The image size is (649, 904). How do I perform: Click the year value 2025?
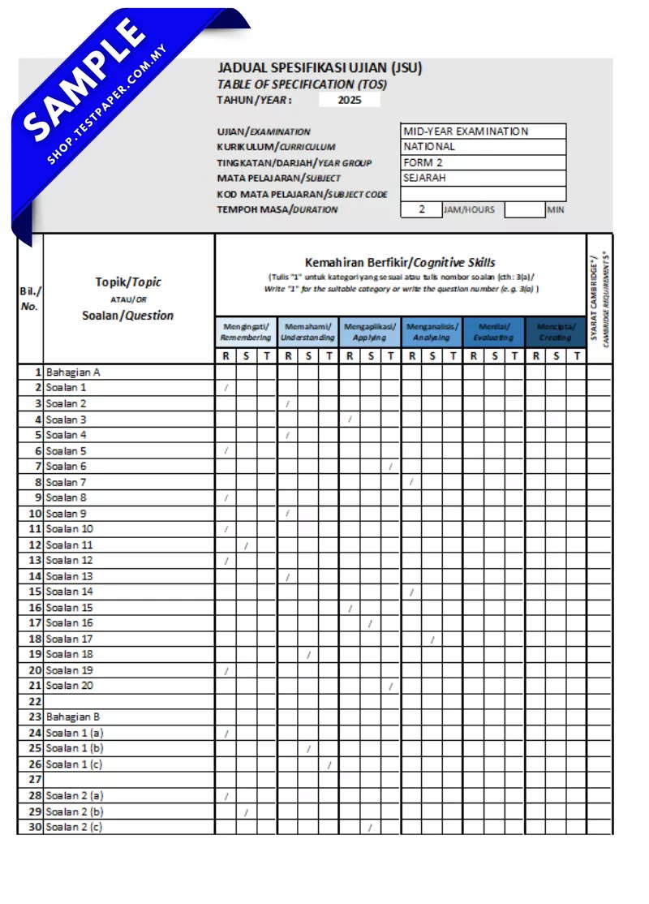(x=349, y=101)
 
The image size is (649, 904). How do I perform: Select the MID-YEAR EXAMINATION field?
(x=483, y=131)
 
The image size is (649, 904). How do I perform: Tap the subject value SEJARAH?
(x=483, y=179)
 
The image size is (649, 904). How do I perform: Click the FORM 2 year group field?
(x=483, y=163)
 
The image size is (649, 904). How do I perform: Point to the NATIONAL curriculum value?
(x=483, y=147)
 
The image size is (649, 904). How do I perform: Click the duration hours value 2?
(x=421, y=209)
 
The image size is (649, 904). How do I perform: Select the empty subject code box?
(x=483, y=194)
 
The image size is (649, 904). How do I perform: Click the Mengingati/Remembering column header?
(x=247, y=332)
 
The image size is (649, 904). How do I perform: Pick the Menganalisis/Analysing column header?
(x=432, y=332)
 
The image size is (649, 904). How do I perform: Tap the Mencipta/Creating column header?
(x=556, y=332)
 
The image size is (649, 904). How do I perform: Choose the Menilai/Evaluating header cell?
(x=494, y=332)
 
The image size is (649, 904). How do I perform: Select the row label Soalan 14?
(x=69, y=592)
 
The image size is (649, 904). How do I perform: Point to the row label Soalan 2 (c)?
(x=75, y=827)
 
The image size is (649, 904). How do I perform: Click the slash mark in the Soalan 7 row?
(x=411, y=482)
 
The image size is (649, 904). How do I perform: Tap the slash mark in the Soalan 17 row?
(x=432, y=639)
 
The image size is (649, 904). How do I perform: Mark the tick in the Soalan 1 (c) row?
(x=329, y=764)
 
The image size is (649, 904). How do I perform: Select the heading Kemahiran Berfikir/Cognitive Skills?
(x=400, y=263)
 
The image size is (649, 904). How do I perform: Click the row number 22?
(x=35, y=701)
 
